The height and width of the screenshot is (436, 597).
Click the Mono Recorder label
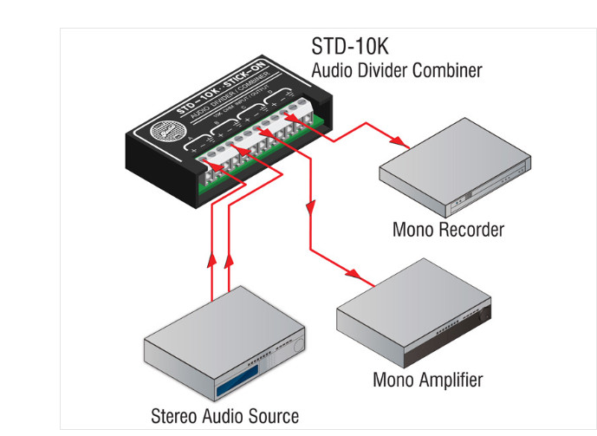[x=447, y=230]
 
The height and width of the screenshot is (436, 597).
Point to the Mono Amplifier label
[x=427, y=380]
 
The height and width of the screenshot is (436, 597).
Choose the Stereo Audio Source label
[x=224, y=416]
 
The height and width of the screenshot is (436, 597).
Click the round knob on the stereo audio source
[x=295, y=346]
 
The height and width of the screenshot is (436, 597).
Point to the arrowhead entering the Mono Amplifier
[x=362, y=277]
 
